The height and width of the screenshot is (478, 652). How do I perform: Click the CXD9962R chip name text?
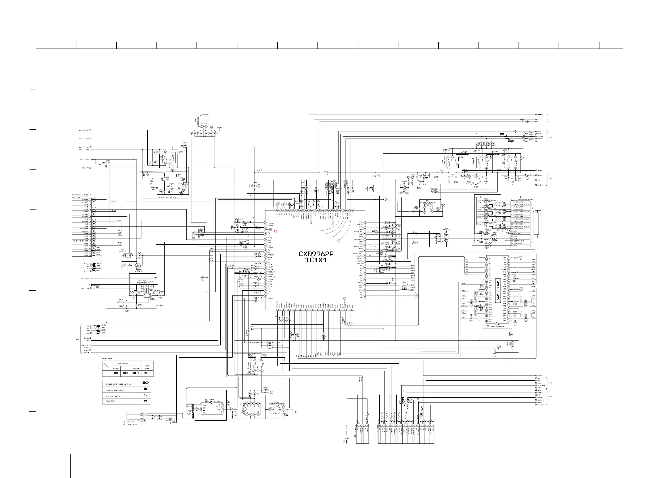(316, 254)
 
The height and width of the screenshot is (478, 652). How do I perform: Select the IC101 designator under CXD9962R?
(316, 260)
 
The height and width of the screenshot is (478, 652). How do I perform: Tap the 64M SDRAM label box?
(498, 290)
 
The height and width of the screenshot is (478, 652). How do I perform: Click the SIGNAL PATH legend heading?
(107, 358)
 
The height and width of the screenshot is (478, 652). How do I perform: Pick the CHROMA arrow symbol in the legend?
(116, 373)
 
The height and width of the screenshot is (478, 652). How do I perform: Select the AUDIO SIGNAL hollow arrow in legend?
(147, 373)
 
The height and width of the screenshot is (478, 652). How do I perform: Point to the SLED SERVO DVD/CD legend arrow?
(146, 395)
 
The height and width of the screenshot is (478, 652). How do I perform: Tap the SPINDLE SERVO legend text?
(119, 384)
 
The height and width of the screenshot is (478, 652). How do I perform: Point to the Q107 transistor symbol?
(164, 179)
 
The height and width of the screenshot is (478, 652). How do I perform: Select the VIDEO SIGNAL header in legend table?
(123, 364)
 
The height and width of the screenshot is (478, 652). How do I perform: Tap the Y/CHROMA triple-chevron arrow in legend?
(135, 373)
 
